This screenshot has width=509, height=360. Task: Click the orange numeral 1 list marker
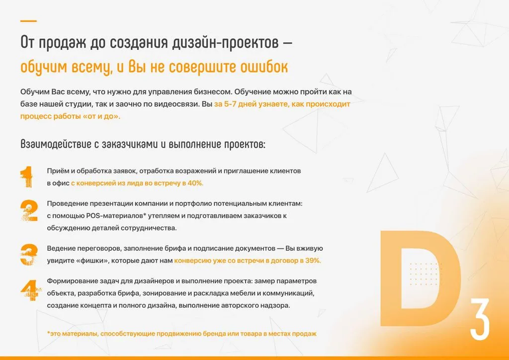click(27, 177)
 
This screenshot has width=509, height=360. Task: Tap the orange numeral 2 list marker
click(29, 210)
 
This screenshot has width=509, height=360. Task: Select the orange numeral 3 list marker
click(29, 255)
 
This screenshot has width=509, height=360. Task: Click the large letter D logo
click(421, 278)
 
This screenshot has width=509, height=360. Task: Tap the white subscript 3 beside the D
click(480, 319)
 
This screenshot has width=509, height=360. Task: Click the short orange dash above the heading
click(28, 21)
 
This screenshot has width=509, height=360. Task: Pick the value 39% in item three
click(313, 261)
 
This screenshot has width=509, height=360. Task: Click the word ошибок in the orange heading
click(264, 67)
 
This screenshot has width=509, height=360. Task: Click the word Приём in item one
click(56, 171)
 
